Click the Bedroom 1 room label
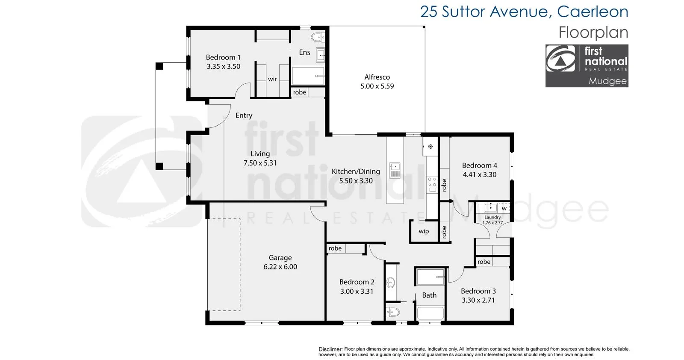223,57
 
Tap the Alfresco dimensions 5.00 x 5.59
377,86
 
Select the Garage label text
280,258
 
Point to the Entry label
244,115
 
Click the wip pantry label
424,231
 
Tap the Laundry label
492,217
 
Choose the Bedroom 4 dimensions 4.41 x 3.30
480,175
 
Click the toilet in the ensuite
318,38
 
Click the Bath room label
429,295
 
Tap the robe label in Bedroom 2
335,248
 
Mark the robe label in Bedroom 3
484,262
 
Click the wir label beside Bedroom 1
272,79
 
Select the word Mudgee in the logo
607,81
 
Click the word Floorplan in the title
593,33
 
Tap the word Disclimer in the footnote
330,349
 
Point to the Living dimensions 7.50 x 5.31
260,163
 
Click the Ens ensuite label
304,53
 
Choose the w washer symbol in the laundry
504,209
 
